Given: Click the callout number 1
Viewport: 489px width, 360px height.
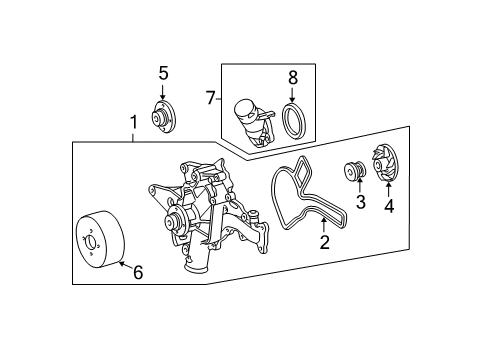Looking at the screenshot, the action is [x=133, y=123].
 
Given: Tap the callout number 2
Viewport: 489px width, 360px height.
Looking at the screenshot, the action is [x=324, y=242].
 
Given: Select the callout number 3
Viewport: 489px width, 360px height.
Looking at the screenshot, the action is [x=361, y=202].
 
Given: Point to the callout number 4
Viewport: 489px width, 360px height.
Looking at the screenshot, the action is [x=389, y=206].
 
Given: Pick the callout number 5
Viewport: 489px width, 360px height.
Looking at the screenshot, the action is [x=163, y=73].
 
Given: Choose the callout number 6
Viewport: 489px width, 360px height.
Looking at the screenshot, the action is [x=138, y=272].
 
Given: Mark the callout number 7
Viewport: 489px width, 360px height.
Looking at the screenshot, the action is [x=210, y=98].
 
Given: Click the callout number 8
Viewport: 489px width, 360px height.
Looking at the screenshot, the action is [x=292, y=78].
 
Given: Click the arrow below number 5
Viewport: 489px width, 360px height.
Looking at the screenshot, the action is [x=162, y=92].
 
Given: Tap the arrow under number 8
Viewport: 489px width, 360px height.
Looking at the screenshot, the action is [x=292, y=95].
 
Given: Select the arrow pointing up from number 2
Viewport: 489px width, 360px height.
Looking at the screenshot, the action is [x=324, y=225].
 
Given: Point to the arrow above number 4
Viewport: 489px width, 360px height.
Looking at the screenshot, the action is [x=388, y=189].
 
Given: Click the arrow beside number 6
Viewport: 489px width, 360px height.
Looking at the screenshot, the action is [x=126, y=265].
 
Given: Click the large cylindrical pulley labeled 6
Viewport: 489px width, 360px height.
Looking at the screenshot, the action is [x=100, y=239].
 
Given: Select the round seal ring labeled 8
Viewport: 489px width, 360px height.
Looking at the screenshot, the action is [x=293, y=119].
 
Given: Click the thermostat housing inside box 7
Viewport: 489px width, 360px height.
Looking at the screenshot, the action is [x=254, y=122].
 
